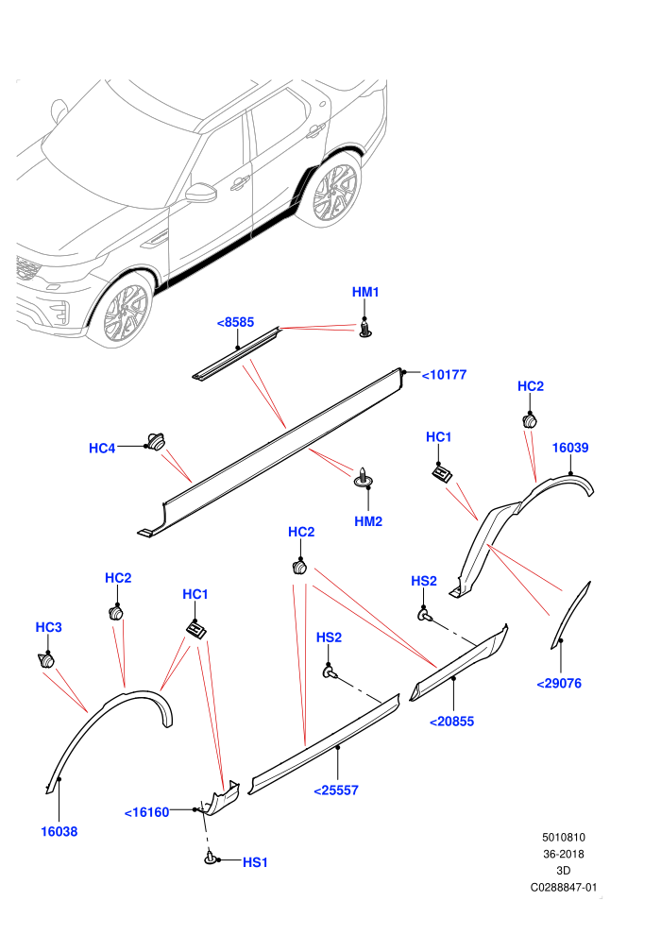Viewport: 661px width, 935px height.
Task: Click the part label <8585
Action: (235, 323)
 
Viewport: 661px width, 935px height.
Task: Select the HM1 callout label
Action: (365, 292)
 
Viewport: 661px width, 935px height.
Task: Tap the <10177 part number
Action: (444, 375)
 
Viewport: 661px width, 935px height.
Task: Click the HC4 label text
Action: (102, 449)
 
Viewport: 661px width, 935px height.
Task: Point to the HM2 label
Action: (368, 521)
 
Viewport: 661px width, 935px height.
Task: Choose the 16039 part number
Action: (570, 448)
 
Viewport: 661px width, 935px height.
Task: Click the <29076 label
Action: (559, 684)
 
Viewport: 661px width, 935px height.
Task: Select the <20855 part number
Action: (451, 722)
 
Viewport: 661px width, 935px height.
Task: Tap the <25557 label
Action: (336, 790)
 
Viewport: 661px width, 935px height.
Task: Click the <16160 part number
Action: (146, 812)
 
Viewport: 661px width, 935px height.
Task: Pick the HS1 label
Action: (255, 863)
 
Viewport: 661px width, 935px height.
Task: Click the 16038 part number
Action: (59, 832)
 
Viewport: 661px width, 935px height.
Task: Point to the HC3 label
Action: (49, 627)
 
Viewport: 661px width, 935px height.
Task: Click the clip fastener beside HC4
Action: (156, 442)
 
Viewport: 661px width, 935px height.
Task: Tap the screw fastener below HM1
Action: (365, 328)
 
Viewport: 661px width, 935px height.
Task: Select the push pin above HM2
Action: (363, 476)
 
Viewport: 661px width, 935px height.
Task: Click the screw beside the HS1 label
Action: (210, 858)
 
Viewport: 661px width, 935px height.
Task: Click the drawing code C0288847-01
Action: (564, 887)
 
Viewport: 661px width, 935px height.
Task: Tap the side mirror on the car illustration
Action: (200, 192)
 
